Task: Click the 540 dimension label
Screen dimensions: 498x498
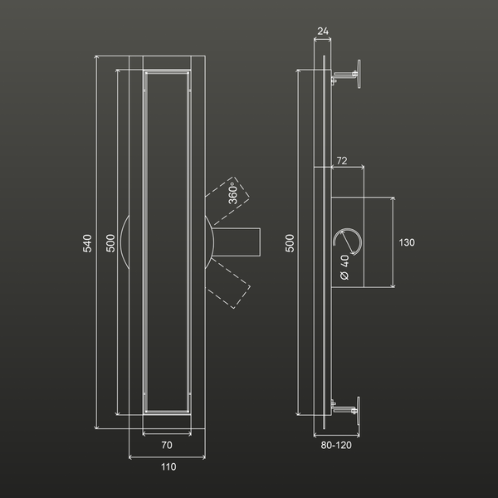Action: point(87,243)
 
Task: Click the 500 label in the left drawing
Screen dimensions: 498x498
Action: point(110,243)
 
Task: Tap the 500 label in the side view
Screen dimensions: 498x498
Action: point(290,243)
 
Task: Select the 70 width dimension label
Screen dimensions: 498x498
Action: point(167,445)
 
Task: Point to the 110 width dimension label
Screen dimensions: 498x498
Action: point(168,466)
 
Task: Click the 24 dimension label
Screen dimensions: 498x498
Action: point(323,32)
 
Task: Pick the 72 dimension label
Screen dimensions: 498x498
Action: point(342,161)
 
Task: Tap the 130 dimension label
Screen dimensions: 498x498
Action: point(407,242)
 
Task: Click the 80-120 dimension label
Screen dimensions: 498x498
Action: point(336,445)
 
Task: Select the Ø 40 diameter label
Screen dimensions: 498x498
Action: point(344,267)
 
